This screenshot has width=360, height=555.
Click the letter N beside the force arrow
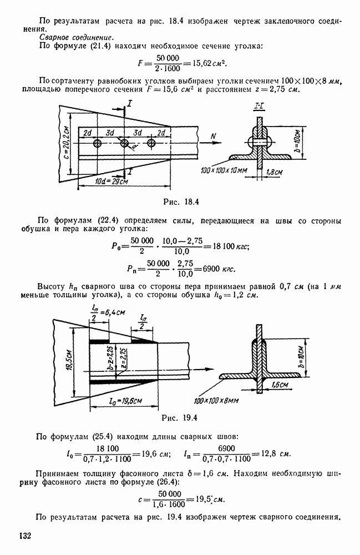tap(214, 135)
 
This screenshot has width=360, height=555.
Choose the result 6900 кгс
tap(219, 269)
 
